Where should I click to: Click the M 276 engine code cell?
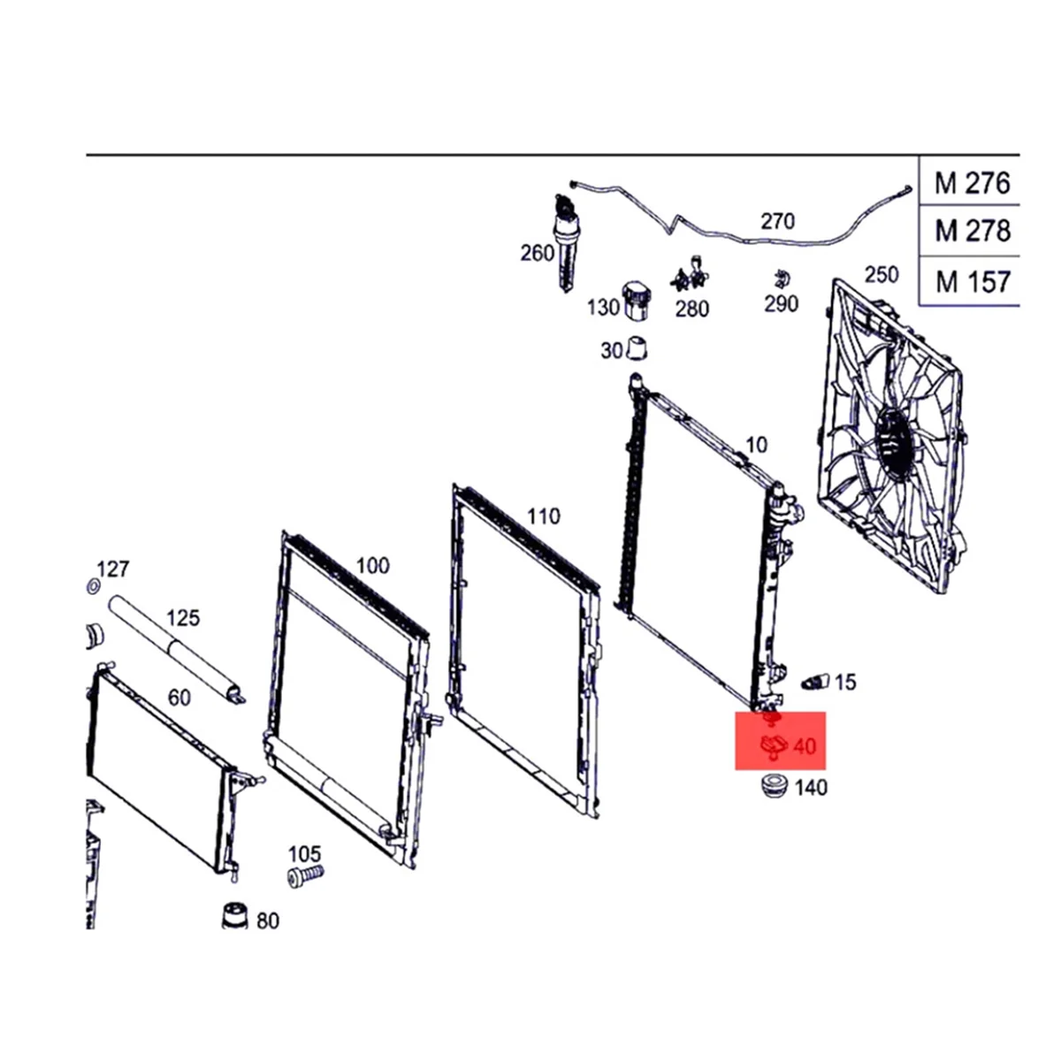coord(972,183)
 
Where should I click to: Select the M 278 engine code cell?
coord(972,232)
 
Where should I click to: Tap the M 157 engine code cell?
coord(972,281)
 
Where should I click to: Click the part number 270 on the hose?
coord(777,221)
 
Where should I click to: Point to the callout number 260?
coord(537,254)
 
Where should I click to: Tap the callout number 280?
coord(691,309)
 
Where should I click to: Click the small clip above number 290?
coord(780,279)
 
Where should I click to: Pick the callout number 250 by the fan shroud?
coord(881,274)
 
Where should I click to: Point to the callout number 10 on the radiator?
coord(757,445)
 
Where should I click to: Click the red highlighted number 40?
coord(805,747)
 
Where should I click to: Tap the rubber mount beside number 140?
coord(775,784)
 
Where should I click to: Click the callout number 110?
coord(544,515)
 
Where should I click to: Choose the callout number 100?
coord(372,565)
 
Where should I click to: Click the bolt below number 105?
coord(305,874)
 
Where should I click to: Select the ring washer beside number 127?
coord(91,586)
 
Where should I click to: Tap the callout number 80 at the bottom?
coord(267,920)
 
